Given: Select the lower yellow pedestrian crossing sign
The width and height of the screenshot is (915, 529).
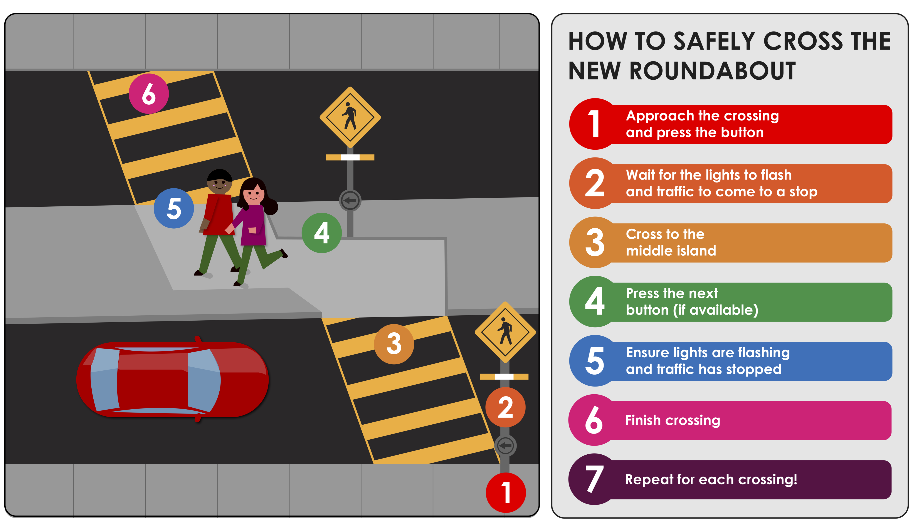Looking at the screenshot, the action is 505,332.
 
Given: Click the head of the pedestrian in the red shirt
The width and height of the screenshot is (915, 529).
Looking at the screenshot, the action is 219,181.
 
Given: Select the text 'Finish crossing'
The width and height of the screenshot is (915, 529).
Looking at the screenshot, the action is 673,420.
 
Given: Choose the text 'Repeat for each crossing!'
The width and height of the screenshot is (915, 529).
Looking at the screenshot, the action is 711,479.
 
